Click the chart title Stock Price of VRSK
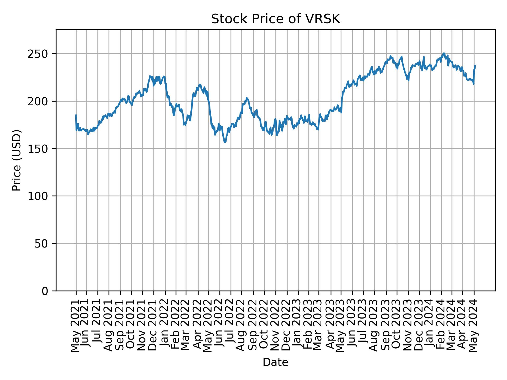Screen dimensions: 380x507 pos(275,19)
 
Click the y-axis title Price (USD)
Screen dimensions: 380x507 pos(17,160)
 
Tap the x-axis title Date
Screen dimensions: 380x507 pos(275,363)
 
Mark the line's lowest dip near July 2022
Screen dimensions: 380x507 pos(225,142)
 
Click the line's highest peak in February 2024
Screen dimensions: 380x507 pos(444,53)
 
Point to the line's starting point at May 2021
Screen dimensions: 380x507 pos(76,115)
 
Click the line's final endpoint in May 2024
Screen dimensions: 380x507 pos(475,65)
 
